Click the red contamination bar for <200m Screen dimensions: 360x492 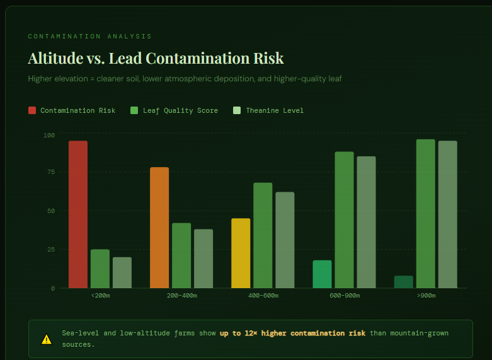pos(78,214)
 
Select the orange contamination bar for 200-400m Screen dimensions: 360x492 pos(159,228)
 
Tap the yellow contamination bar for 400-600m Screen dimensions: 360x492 pos(241,253)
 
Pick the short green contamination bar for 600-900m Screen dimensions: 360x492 pos(322,274)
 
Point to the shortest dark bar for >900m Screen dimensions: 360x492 pos(403,282)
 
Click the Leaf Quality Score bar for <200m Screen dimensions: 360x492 pos(100,269)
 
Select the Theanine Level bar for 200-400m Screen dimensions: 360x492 pos(203,258)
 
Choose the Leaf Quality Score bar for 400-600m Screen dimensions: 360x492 pos(263,235)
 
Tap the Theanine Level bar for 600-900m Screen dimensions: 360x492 pos(366,222)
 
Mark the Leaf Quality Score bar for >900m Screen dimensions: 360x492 pos(425,214)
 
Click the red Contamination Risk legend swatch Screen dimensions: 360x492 pos(32,110)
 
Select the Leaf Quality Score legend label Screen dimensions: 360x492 pos(180,110)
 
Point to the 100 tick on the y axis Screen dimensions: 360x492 pos(49,135)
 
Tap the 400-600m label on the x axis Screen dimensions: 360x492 pos(263,296)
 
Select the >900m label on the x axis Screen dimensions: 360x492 pos(425,296)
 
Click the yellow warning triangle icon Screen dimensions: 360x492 pos(47,339)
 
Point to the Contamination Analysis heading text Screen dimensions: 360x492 pos(89,37)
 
